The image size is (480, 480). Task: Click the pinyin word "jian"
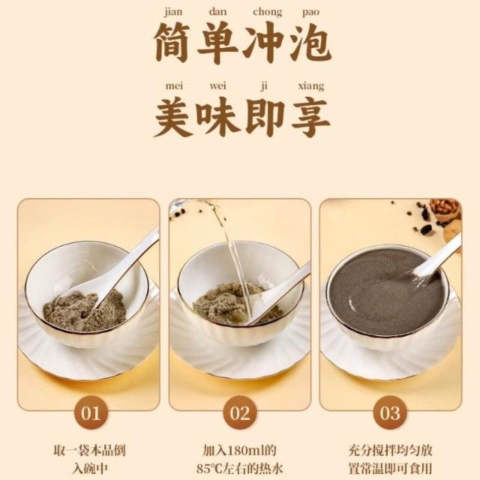point(173,13)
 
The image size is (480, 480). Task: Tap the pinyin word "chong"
point(267,13)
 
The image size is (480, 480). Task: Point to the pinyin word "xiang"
point(311,87)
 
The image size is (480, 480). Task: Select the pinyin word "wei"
point(218,86)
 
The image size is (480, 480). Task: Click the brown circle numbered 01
point(91,412)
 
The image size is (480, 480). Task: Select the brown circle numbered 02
point(240,412)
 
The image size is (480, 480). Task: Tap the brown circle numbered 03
point(390,412)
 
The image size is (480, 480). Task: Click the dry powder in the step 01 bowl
point(84,310)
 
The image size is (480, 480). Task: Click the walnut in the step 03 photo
point(445,210)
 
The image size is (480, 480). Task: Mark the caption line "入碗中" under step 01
point(90,469)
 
